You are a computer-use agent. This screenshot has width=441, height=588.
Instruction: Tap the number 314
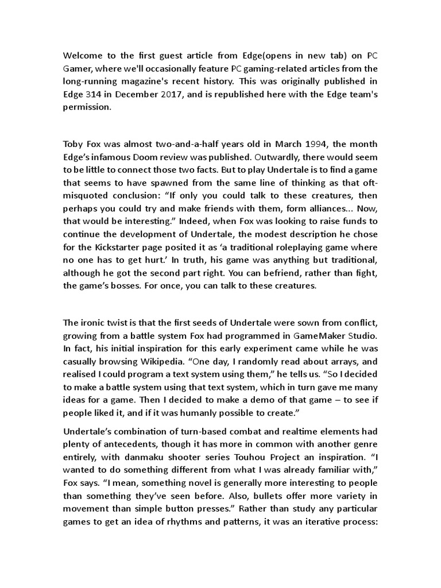[x=98, y=94]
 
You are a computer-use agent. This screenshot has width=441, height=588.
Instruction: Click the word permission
[x=86, y=107]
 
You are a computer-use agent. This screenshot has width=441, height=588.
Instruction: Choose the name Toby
[x=73, y=144]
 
